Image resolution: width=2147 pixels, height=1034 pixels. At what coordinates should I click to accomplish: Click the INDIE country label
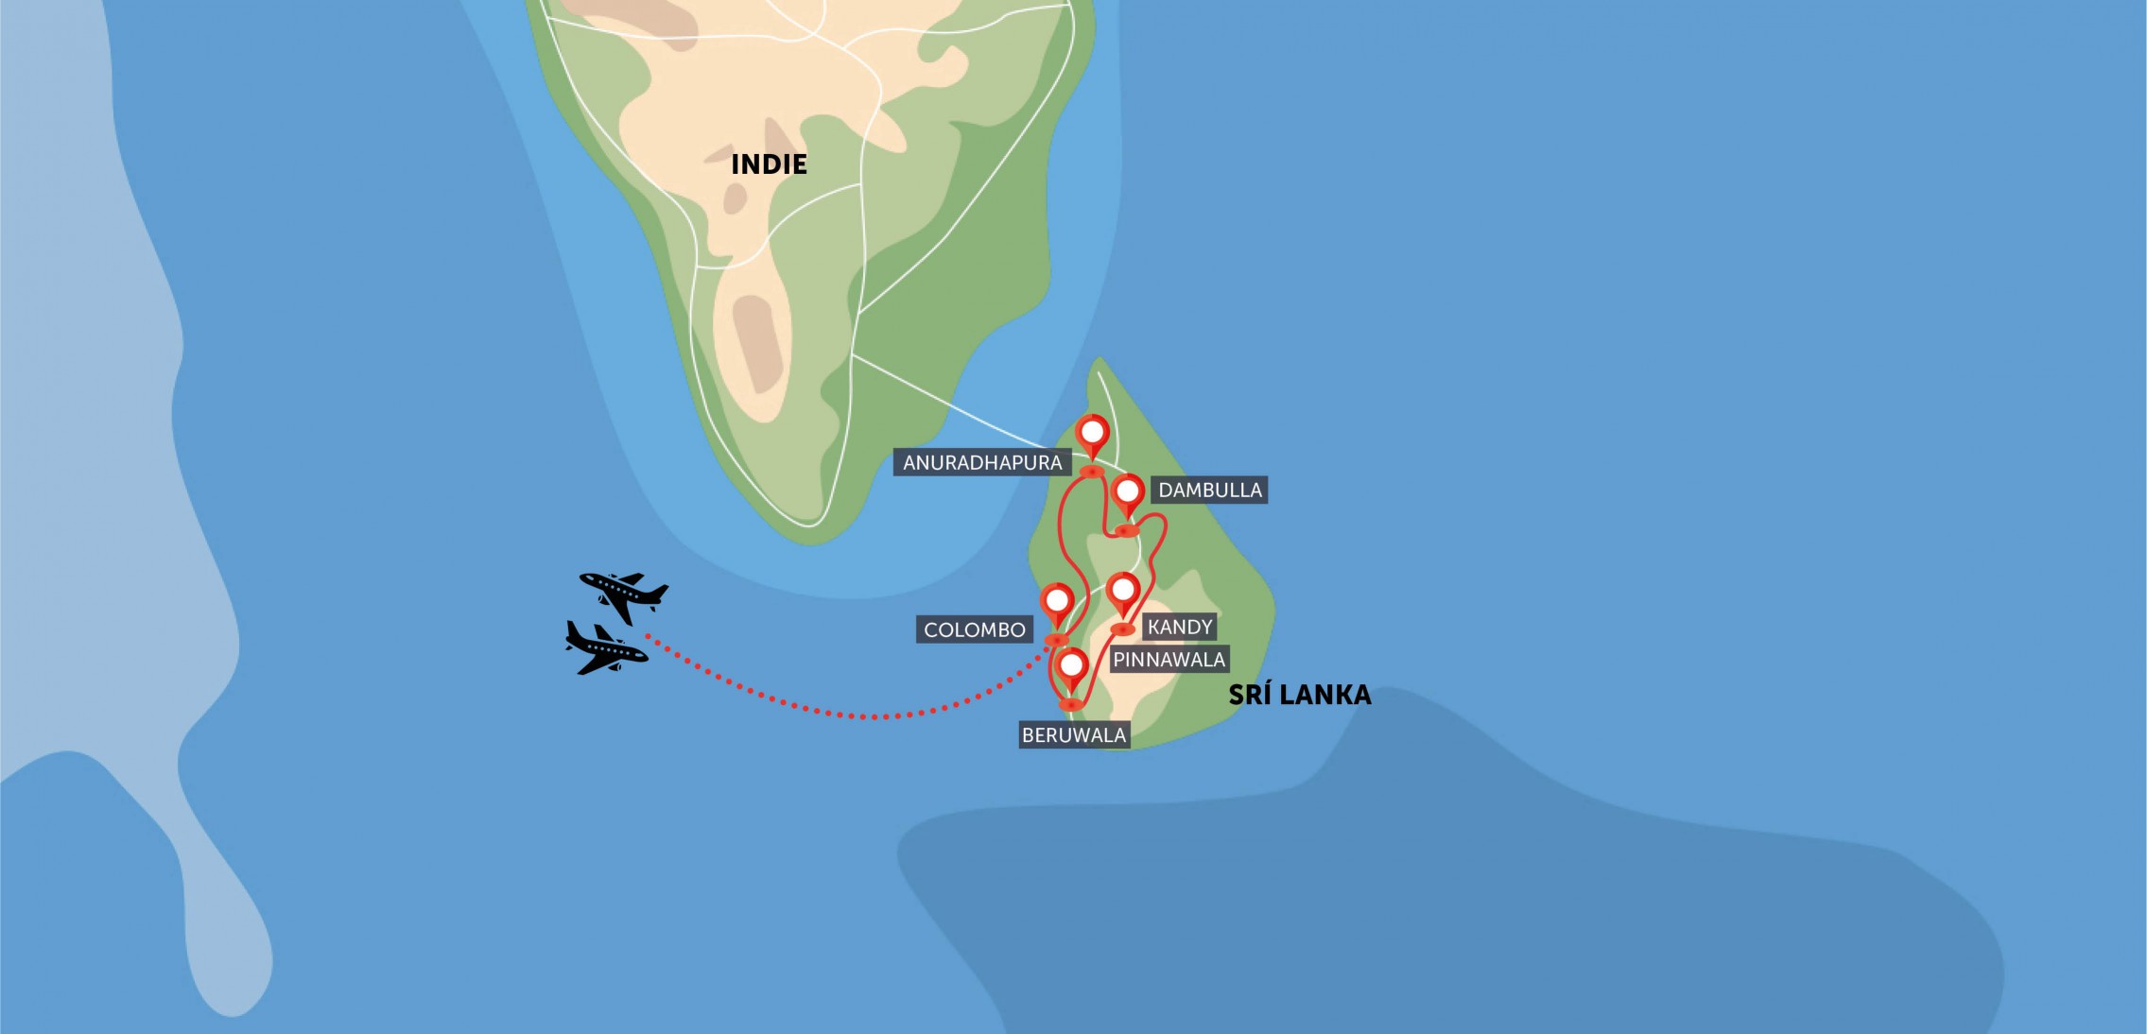pos(769,164)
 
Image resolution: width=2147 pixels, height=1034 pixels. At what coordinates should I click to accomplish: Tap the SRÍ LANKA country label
pos(1299,695)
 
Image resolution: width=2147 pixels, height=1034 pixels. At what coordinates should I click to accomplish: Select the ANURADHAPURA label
pos(981,462)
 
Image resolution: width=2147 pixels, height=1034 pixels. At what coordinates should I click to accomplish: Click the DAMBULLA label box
pos(1209,490)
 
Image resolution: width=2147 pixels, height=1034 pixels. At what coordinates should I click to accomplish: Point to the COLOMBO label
pos(974,629)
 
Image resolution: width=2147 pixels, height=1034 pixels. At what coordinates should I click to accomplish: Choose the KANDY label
pos(1179,627)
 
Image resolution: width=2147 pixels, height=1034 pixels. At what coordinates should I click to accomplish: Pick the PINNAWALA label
pos(1169,659)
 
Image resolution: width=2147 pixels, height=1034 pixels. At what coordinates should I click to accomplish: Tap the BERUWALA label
pos(1073,734)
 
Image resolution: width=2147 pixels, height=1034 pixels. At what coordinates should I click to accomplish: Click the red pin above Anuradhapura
pos(1093,434)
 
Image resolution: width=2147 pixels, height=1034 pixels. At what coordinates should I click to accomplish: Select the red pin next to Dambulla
pos(1128,492)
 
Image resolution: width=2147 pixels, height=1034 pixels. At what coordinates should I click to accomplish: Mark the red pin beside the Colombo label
pos(1057,601)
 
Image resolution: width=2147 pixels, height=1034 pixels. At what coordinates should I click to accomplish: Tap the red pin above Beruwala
pos(1071,666)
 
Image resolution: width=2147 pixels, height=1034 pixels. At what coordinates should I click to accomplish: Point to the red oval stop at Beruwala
pos(1070,704)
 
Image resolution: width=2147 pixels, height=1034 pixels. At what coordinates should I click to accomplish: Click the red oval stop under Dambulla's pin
pos(1125,530)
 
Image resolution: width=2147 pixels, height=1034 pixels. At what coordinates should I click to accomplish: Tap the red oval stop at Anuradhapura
pos(1092,471)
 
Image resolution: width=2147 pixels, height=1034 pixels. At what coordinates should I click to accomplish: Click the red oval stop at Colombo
pos(1056,640)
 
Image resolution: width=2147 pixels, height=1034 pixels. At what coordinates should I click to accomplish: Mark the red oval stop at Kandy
pos(1122,629)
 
